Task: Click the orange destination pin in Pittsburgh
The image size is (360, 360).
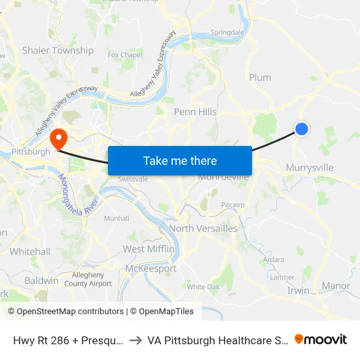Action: (x=58, y=139)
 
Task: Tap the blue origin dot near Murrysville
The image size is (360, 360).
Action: (x=301, y=129)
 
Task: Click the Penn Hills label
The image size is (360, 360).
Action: (x=195, y=112)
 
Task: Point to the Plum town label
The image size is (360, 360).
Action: (x=260, y=77)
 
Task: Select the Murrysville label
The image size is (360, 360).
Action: (x=310, y=168)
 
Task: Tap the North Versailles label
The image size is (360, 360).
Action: (x=203, y=228)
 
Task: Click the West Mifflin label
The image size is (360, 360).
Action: (x=149, y=249)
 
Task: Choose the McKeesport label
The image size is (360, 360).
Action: (x=151, y=268)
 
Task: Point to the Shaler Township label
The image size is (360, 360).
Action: (x=58, y=50)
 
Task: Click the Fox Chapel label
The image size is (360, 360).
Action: (x=125, y=56)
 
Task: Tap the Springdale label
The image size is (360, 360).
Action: (x=227, y=32)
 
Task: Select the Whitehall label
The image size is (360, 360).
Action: (x=30, y=251)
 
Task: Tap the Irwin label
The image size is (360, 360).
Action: (x=298, y=291)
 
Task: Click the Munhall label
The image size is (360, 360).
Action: (x=117, y=219)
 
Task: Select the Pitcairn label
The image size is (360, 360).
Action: (x=233, y=205)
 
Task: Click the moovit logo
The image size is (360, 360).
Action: (x=321, y=339)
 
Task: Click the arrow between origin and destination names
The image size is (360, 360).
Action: (x=133, y=340)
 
